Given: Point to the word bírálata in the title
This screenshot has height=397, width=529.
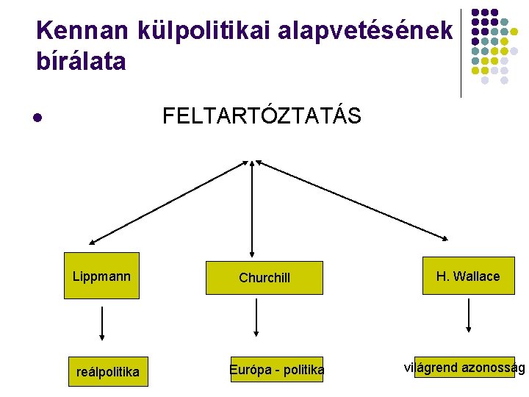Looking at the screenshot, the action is tap(81, 62).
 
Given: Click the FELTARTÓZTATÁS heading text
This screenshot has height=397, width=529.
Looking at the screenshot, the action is tap(262, 116).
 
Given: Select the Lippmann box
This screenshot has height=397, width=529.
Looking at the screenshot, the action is tap(101, 276).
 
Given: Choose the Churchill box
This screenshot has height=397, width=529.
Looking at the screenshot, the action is tap(264, 278).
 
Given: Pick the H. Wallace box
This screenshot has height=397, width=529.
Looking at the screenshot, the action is tap(468, 276).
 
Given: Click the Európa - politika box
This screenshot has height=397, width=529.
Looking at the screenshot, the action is tap(276, 370).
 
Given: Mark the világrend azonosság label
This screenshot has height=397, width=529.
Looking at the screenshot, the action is tap(464, 368).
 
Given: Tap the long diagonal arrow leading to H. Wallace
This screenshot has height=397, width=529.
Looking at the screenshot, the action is tap(351, 199).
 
